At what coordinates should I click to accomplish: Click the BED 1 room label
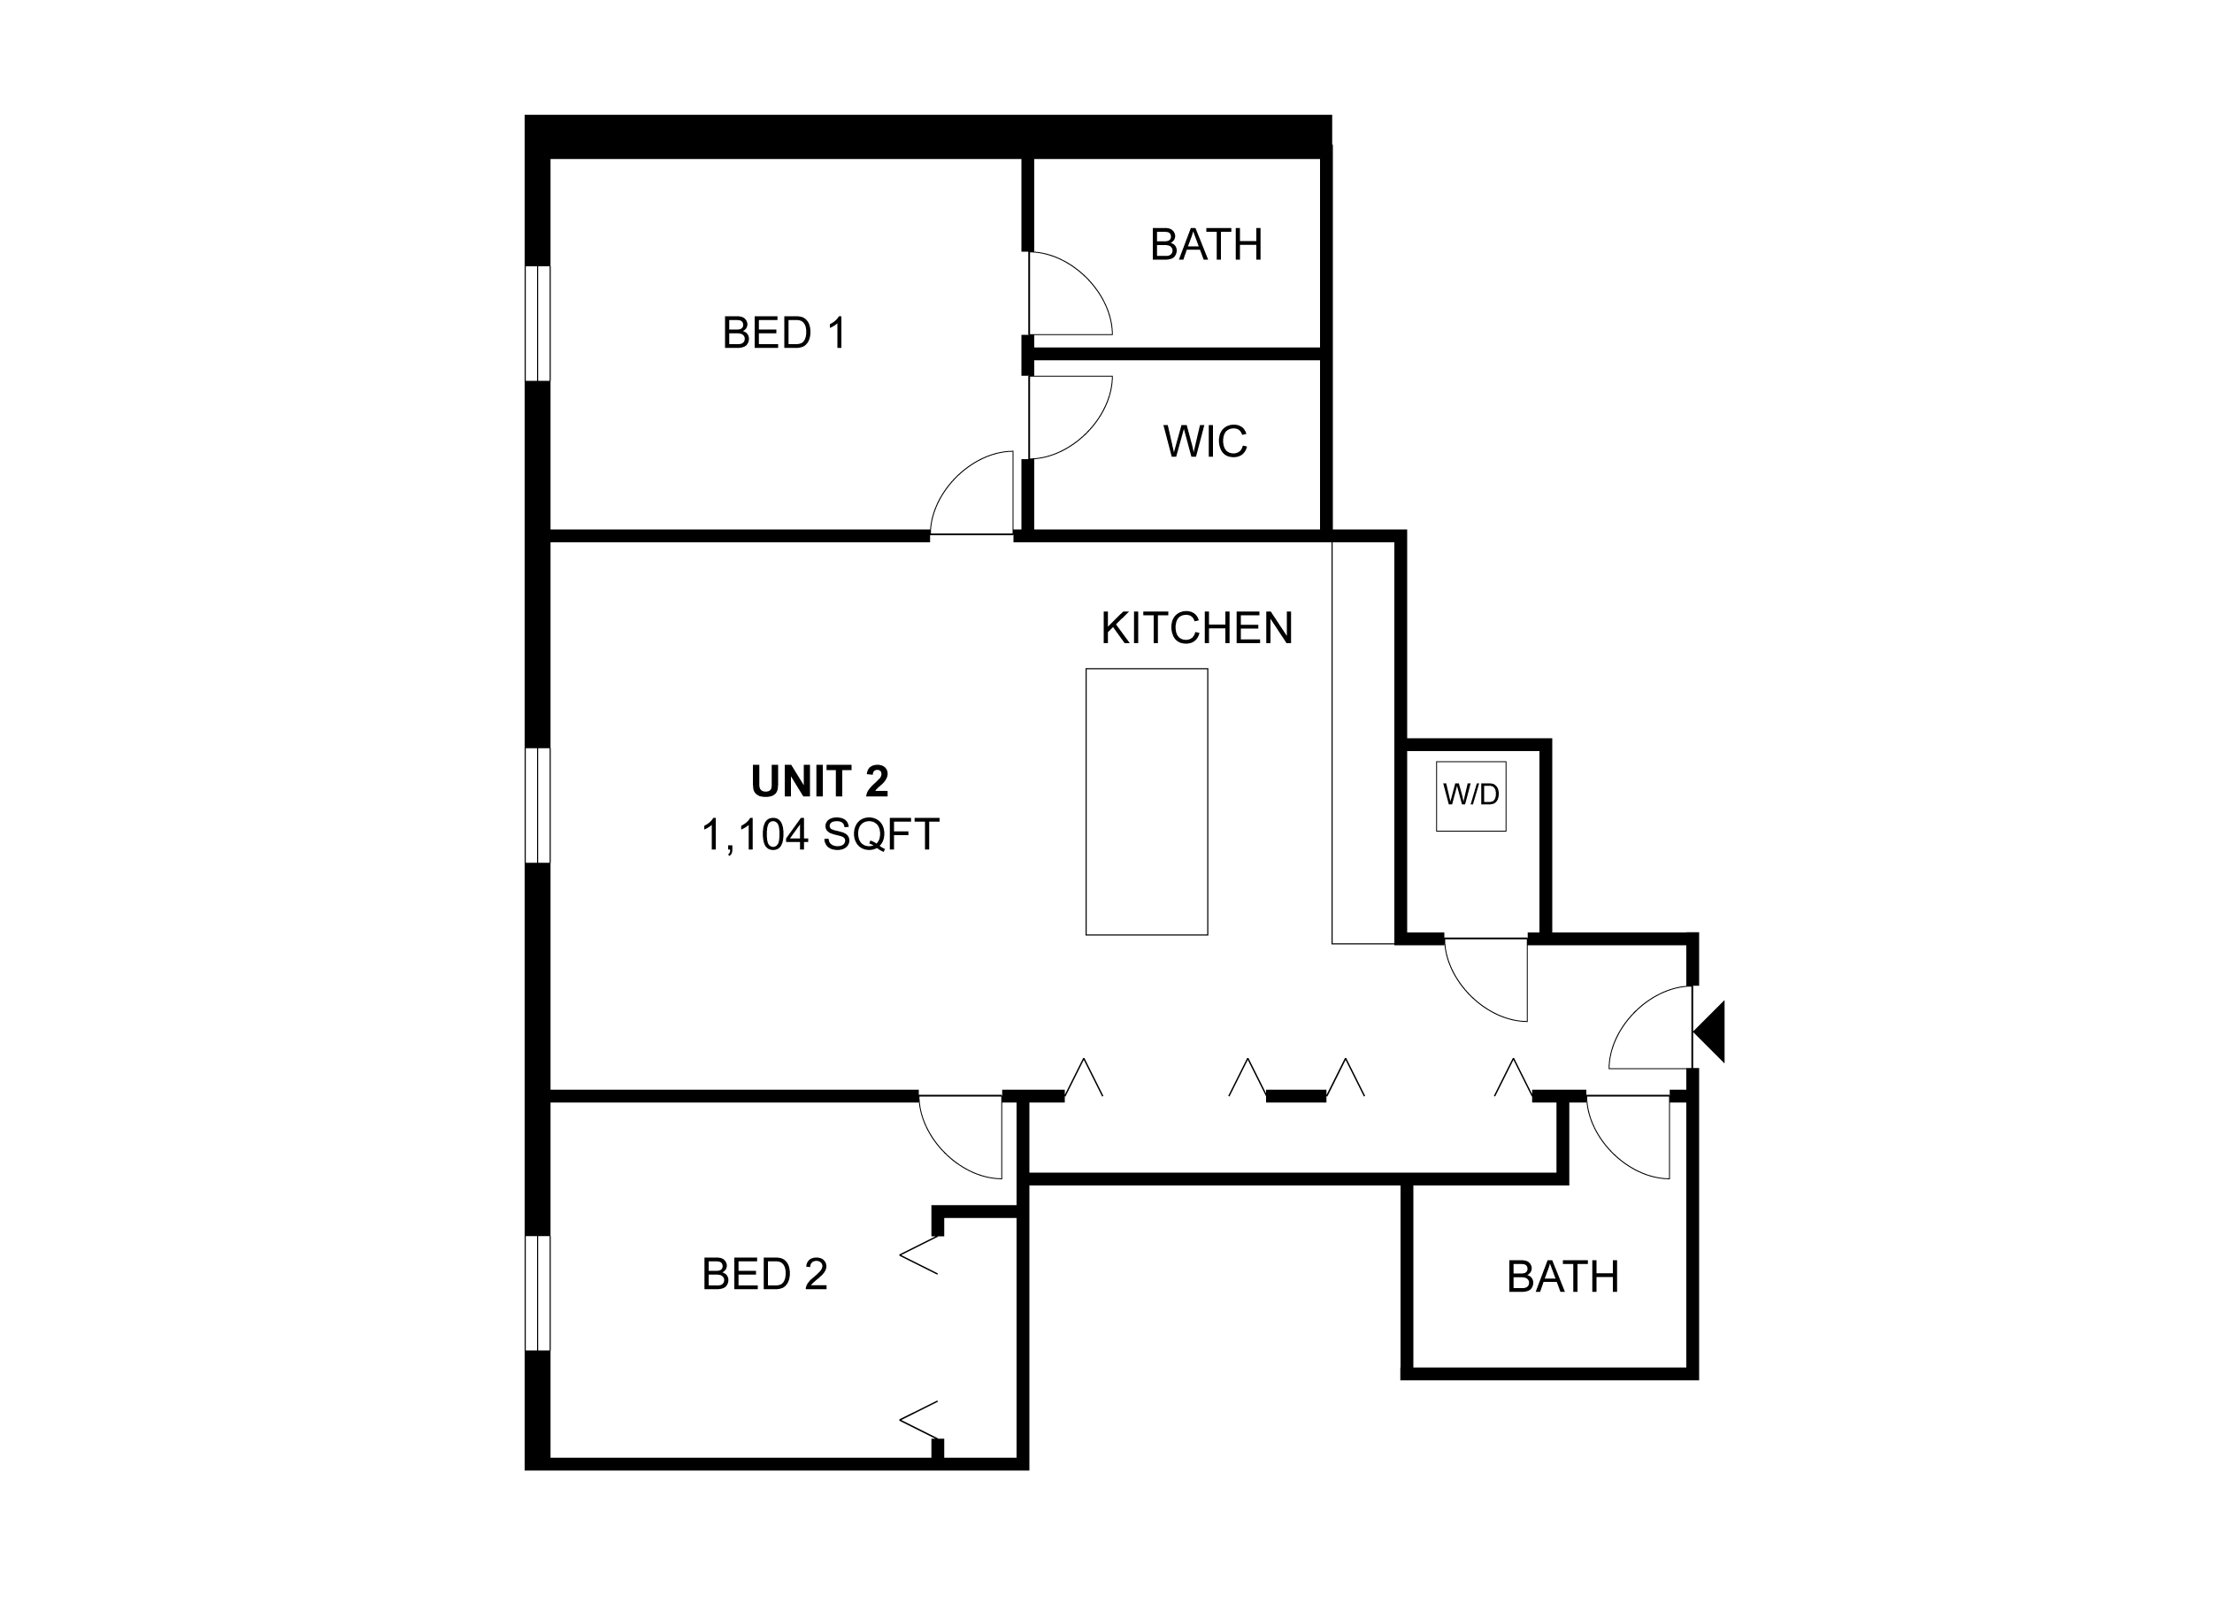784,334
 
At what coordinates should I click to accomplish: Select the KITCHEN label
1196,628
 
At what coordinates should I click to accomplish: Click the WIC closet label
1205,441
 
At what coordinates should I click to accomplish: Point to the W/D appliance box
1470,795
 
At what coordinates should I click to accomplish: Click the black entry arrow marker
1708,1032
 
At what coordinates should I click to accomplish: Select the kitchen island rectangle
1147,802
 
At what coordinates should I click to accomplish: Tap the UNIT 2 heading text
819,781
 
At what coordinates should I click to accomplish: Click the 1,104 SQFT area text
819,835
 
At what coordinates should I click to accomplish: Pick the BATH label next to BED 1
1206,244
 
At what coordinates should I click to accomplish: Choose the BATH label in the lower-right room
1562,1277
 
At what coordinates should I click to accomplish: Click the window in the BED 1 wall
538,323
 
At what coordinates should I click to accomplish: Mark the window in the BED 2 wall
538,1293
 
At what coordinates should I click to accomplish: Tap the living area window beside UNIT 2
538,805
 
